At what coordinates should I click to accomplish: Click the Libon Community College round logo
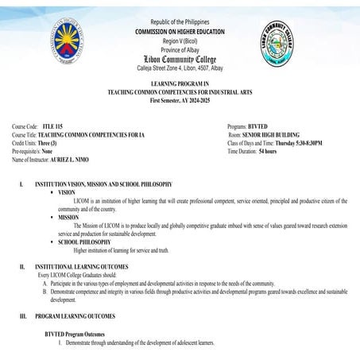(x=285, y=45)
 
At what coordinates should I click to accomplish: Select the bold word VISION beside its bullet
(x=67, y=192)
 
